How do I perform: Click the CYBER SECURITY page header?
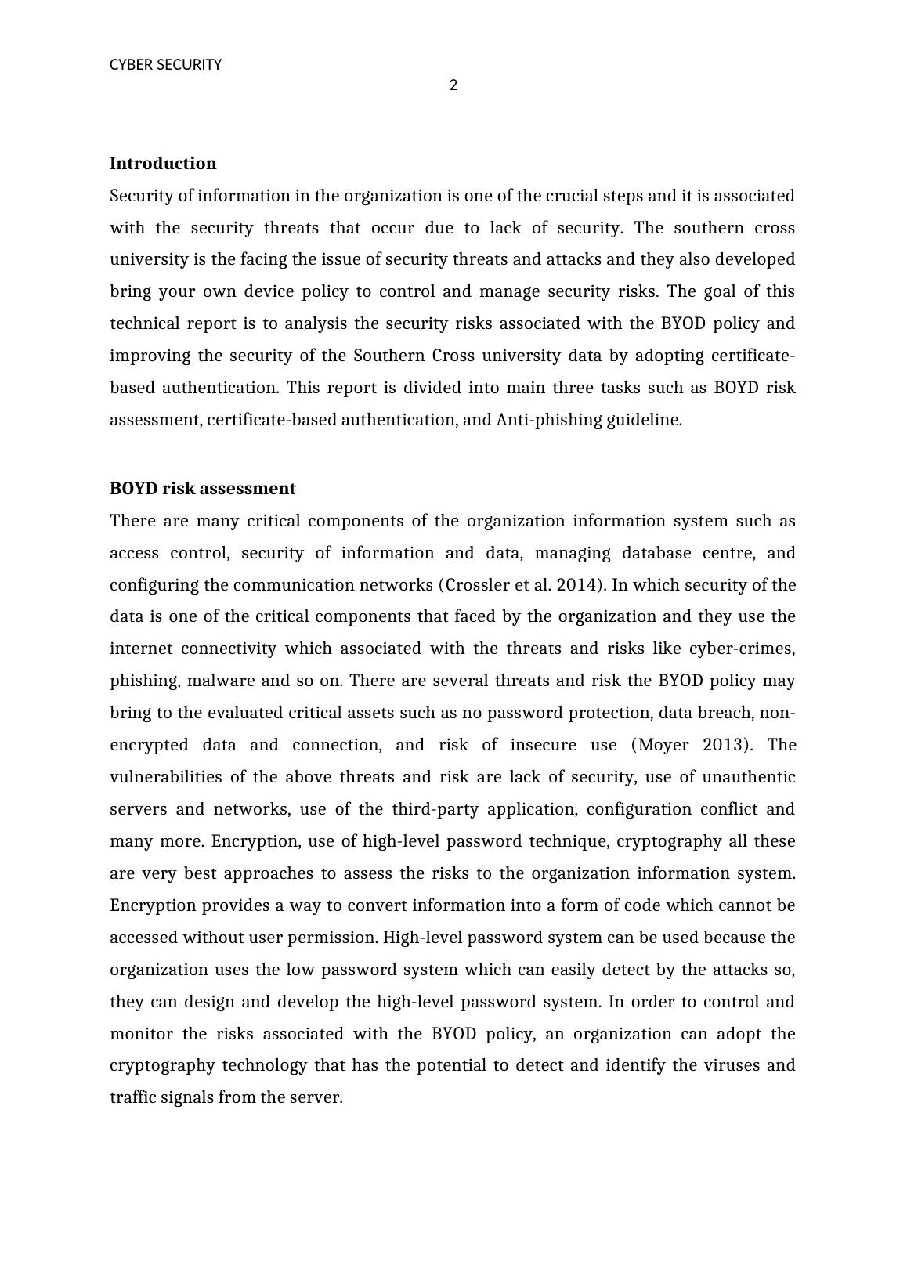pos(165,65)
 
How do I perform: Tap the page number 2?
pos(453,85)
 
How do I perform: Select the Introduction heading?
pos(163,164)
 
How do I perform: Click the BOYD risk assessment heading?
pos(202,489)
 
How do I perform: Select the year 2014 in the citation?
pos(577,585)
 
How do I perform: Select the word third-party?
pos(435,809)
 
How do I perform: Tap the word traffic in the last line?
pos(132,1097)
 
